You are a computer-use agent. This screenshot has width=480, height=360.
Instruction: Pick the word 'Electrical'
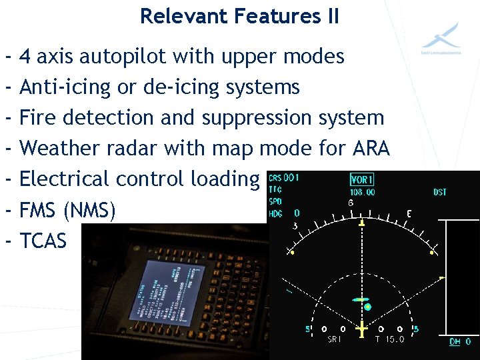[x=65, y=179]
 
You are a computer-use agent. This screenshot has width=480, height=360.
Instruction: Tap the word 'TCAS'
[x=43, y=240]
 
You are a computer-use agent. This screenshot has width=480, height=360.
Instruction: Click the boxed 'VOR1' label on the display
[x=362, y=180]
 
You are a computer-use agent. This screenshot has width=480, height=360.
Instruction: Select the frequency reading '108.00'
[x=362, y=192]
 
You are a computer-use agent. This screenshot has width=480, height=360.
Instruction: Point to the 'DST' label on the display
[x=440, y=192]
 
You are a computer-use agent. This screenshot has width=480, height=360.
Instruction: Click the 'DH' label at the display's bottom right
[x=455, y=341]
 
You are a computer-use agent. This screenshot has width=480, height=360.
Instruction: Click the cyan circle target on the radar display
[x=367, y=307]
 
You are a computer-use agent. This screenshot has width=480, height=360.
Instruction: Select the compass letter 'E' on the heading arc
[x=409, y=214]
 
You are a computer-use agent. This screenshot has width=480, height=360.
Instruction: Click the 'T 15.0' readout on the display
[x=389, y=339]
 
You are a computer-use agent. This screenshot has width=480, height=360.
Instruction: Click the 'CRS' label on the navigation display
[x=275, y=179]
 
